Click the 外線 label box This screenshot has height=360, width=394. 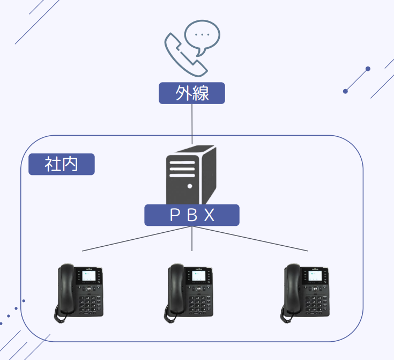pos(191,93)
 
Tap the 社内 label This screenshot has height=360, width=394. pos(61,164)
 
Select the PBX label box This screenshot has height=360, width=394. pos(191,215)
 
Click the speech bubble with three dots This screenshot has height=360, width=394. pos(202,36)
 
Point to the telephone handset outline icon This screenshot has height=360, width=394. pos(183,56)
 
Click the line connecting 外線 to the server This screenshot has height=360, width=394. pos(191,123)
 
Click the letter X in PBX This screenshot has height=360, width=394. pos(209,215)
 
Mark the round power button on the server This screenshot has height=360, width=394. pos(190,186)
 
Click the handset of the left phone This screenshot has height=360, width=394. pos(66,290)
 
